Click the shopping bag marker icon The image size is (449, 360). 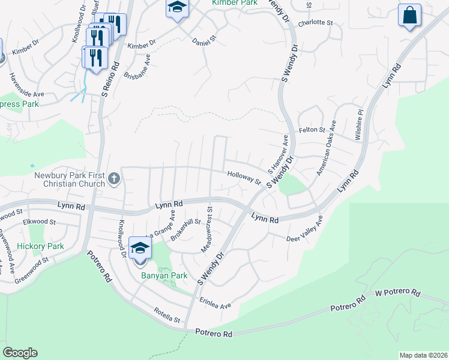pyautogui.click(x=409, y=15)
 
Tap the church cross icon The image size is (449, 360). pyautogui.click(x=115, y=178)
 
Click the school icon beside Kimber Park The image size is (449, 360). pyautogui.click(x=177, y=8)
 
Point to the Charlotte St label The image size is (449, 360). pyautogui.click(x=315, y=22)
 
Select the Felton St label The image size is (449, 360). pyautogui.click(x=312, y=130)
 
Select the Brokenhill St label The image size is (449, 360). pyautogui.click(x=185, y=229)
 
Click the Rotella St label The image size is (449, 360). pyautogui.click(x=167, y=318)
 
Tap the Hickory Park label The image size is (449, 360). pyautogui.click(x=40, y=246)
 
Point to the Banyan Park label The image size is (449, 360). pyautogui.click(x=156, y=276)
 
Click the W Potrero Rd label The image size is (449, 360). pyautogui.click(x=397, y=292)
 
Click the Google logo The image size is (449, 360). pyautogui.click(x=20, y=353)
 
